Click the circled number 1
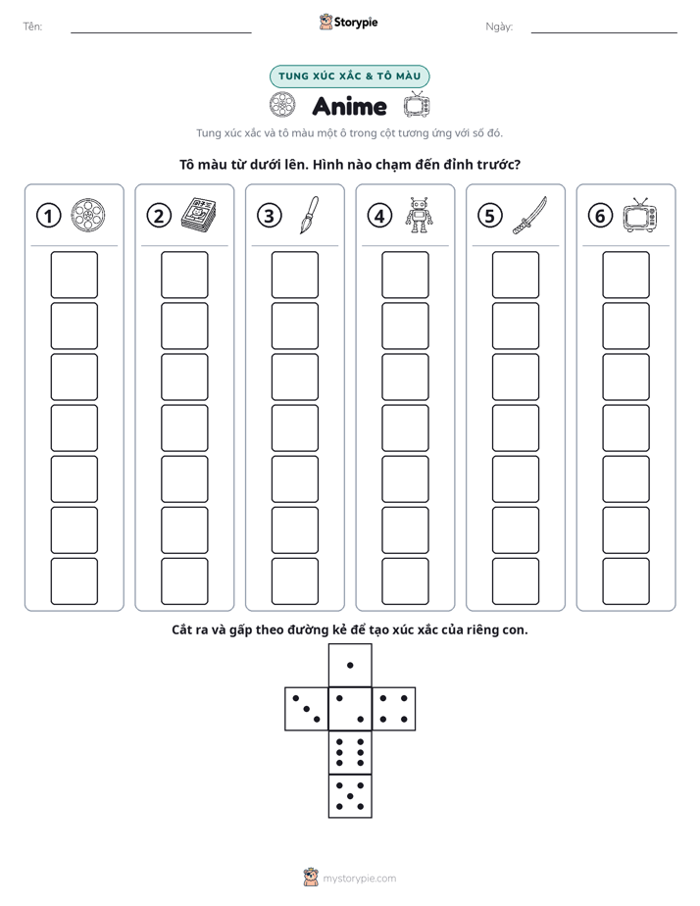[48, 216]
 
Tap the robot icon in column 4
[419, 215]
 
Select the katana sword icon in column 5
[529, 216]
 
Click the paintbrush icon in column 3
[309, 215]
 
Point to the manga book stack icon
[199, 215]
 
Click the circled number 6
[600, 216]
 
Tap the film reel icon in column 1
[88, 215]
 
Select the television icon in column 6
[640, 215]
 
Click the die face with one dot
[350, 665]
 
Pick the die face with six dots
[350, 752]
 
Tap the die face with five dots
[350, 796]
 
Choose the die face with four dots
[394, 709]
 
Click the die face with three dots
[307, 709]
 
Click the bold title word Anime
[349, 106]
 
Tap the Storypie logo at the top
[348, 23]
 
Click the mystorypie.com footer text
[359, 879]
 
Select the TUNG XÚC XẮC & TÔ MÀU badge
[349, 76]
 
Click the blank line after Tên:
[161, 32]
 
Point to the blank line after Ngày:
[604, 32]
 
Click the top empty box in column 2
[184, 275]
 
